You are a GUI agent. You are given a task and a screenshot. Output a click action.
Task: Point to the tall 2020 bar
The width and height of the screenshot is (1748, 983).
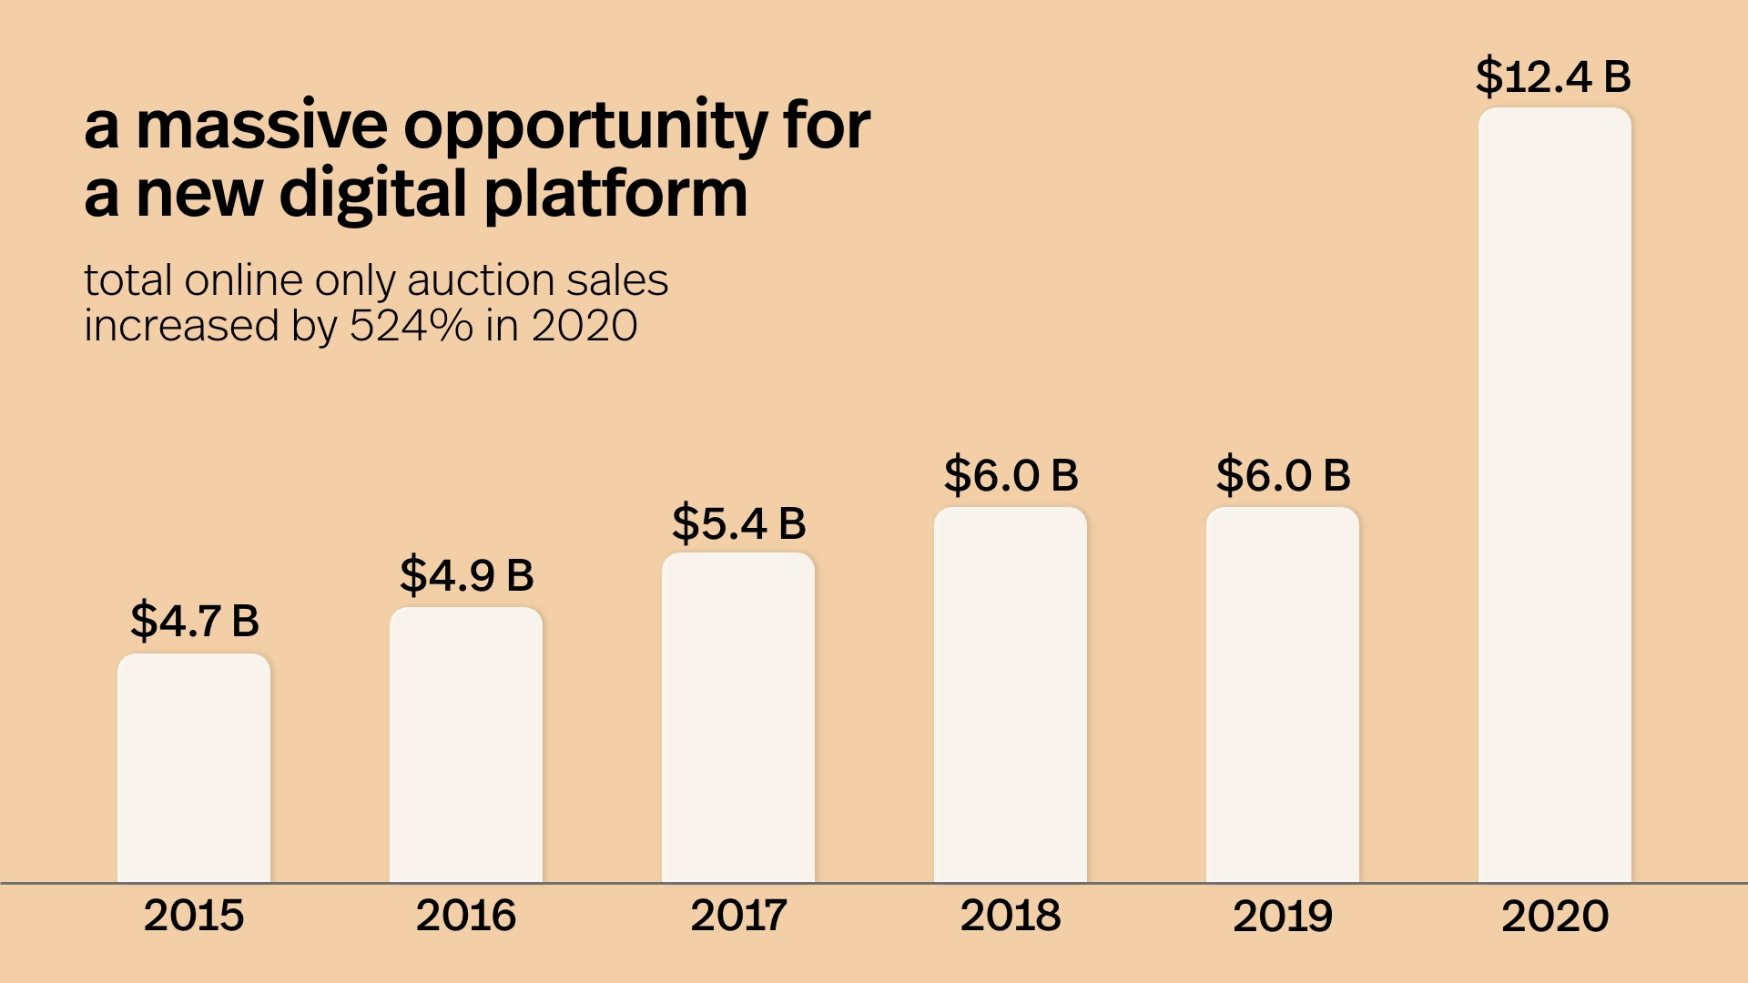[1555, 495]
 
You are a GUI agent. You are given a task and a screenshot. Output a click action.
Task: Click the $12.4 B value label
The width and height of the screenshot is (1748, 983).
[1553, 76]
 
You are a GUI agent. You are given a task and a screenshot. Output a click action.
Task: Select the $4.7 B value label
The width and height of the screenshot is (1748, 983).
[195, 621]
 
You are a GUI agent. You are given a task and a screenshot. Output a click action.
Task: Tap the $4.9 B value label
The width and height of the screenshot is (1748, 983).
[466, 575]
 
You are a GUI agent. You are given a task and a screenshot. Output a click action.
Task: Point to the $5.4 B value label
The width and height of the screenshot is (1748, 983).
[738, 523]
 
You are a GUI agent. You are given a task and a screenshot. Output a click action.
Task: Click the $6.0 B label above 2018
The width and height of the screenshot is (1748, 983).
[1011, 475]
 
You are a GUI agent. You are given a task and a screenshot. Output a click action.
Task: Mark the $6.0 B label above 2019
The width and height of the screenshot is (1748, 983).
[1283, 475]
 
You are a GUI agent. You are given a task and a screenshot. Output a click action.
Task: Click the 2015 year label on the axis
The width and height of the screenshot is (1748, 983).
[194, 916]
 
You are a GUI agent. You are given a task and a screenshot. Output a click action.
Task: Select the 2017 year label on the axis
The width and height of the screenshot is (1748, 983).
[738, 916]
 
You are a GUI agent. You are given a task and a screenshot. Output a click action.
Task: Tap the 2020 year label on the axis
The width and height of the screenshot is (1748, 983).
[1555, 916]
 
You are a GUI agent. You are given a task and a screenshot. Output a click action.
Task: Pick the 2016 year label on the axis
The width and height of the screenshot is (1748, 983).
[466, 916]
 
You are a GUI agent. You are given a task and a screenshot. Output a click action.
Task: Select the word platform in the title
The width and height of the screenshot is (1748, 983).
[615, 196]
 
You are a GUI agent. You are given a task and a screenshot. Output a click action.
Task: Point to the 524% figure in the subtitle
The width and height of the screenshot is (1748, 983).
[412, 326]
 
